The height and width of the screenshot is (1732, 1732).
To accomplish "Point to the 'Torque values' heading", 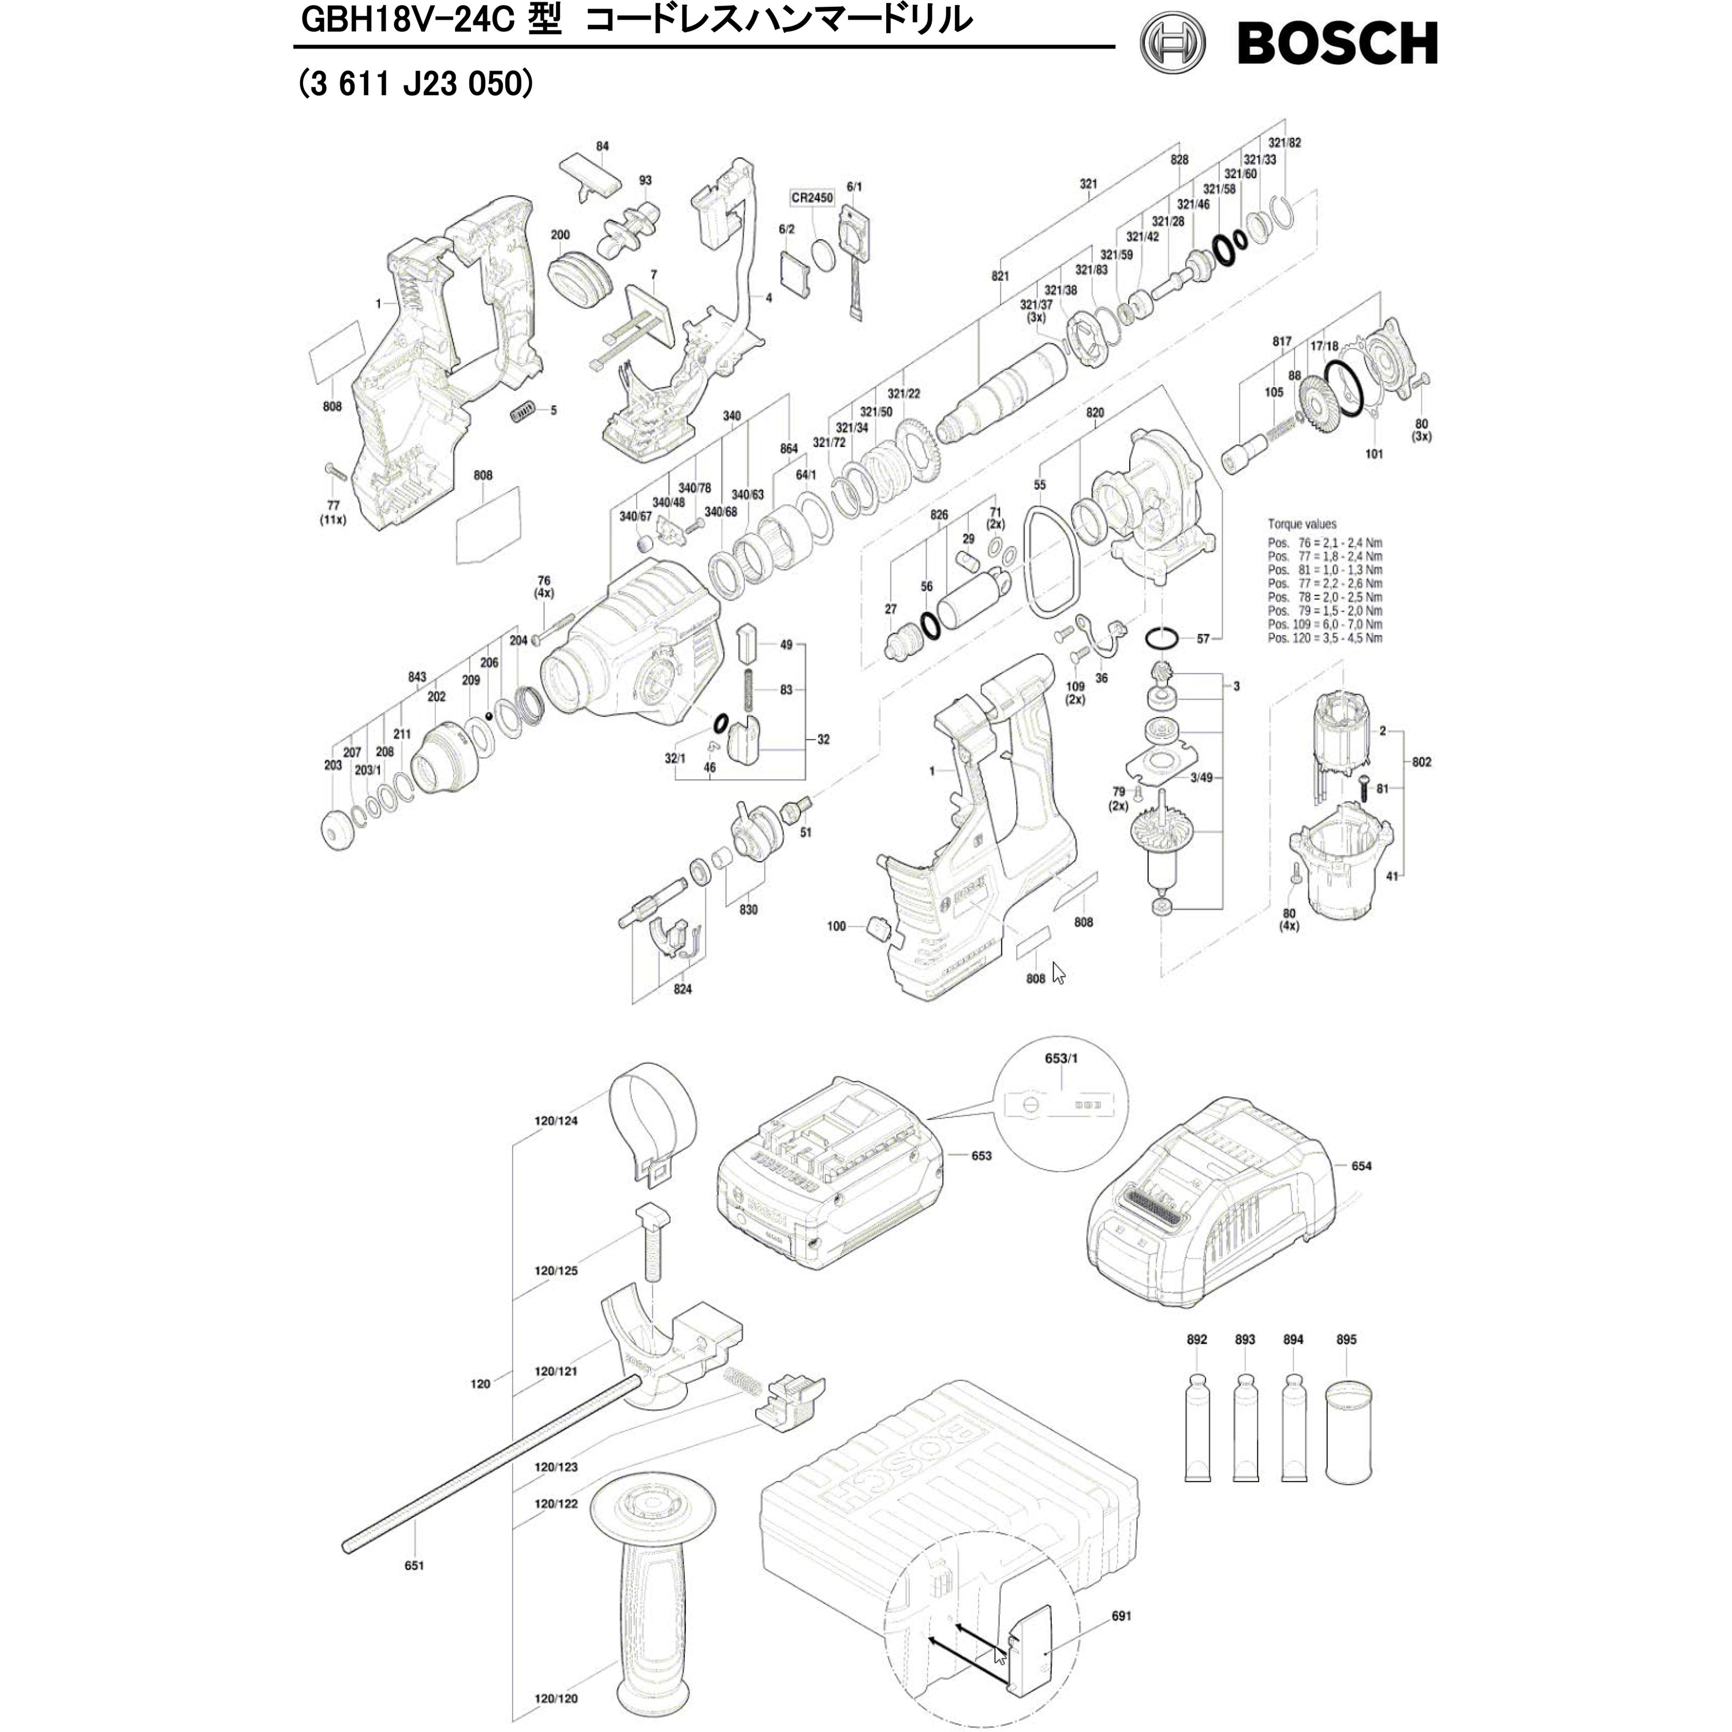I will (x=1302, y=524).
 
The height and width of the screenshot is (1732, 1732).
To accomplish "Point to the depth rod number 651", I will (x=414, y=1565).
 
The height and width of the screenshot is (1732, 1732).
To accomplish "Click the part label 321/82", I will (x=1285, y=143).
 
